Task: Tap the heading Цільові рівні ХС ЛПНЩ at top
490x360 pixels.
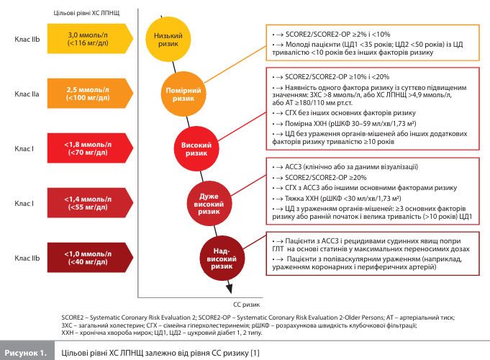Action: point(87,13)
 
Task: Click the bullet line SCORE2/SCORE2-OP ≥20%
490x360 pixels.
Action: point(316,177)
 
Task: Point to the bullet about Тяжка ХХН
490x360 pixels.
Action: point(338,197)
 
